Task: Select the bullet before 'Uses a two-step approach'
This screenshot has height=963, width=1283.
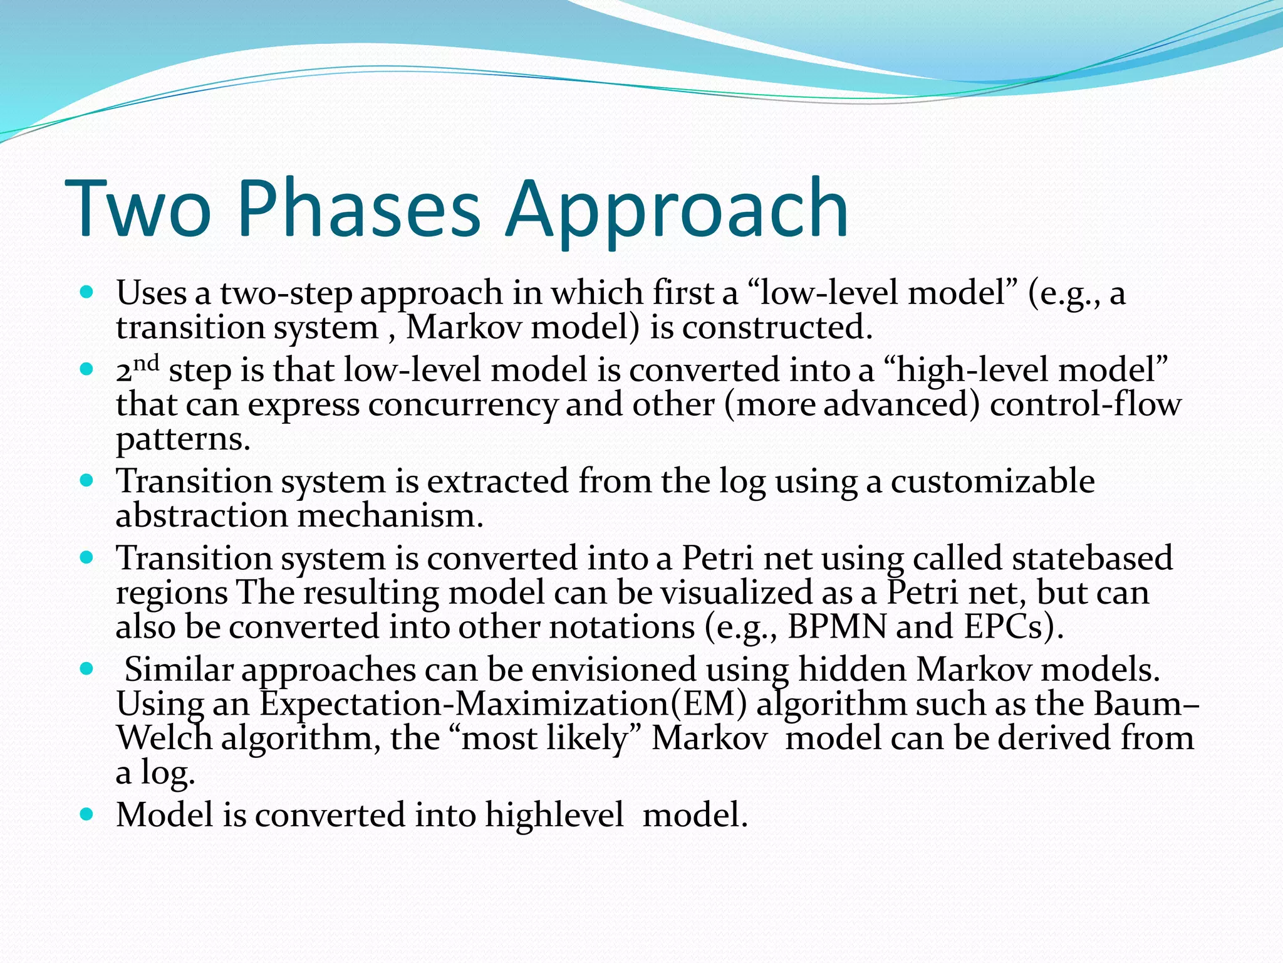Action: click(87, 292)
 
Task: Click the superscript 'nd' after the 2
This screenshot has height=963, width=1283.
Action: click(147, 362)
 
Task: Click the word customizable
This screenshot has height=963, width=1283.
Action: click(992, 481)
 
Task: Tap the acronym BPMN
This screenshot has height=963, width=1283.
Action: click(836, 626)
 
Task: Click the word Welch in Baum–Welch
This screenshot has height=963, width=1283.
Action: click(164, 738)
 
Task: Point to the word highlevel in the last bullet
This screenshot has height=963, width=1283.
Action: click(554, 815)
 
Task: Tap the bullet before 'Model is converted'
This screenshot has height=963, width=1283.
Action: click(87, 814)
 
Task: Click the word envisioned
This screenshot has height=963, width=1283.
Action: click(613, 670)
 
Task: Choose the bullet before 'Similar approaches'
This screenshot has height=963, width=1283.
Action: click(87, 669)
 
